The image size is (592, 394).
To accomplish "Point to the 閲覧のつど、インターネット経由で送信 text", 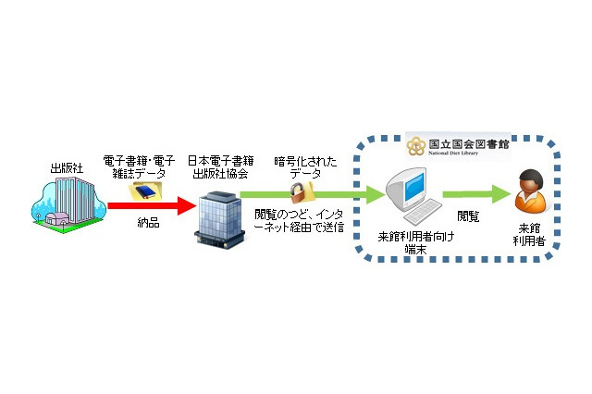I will (x=299, y=221).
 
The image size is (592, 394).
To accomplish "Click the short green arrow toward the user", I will (x=476, y=195).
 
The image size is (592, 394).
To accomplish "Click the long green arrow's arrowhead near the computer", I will (x=374, y=195).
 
